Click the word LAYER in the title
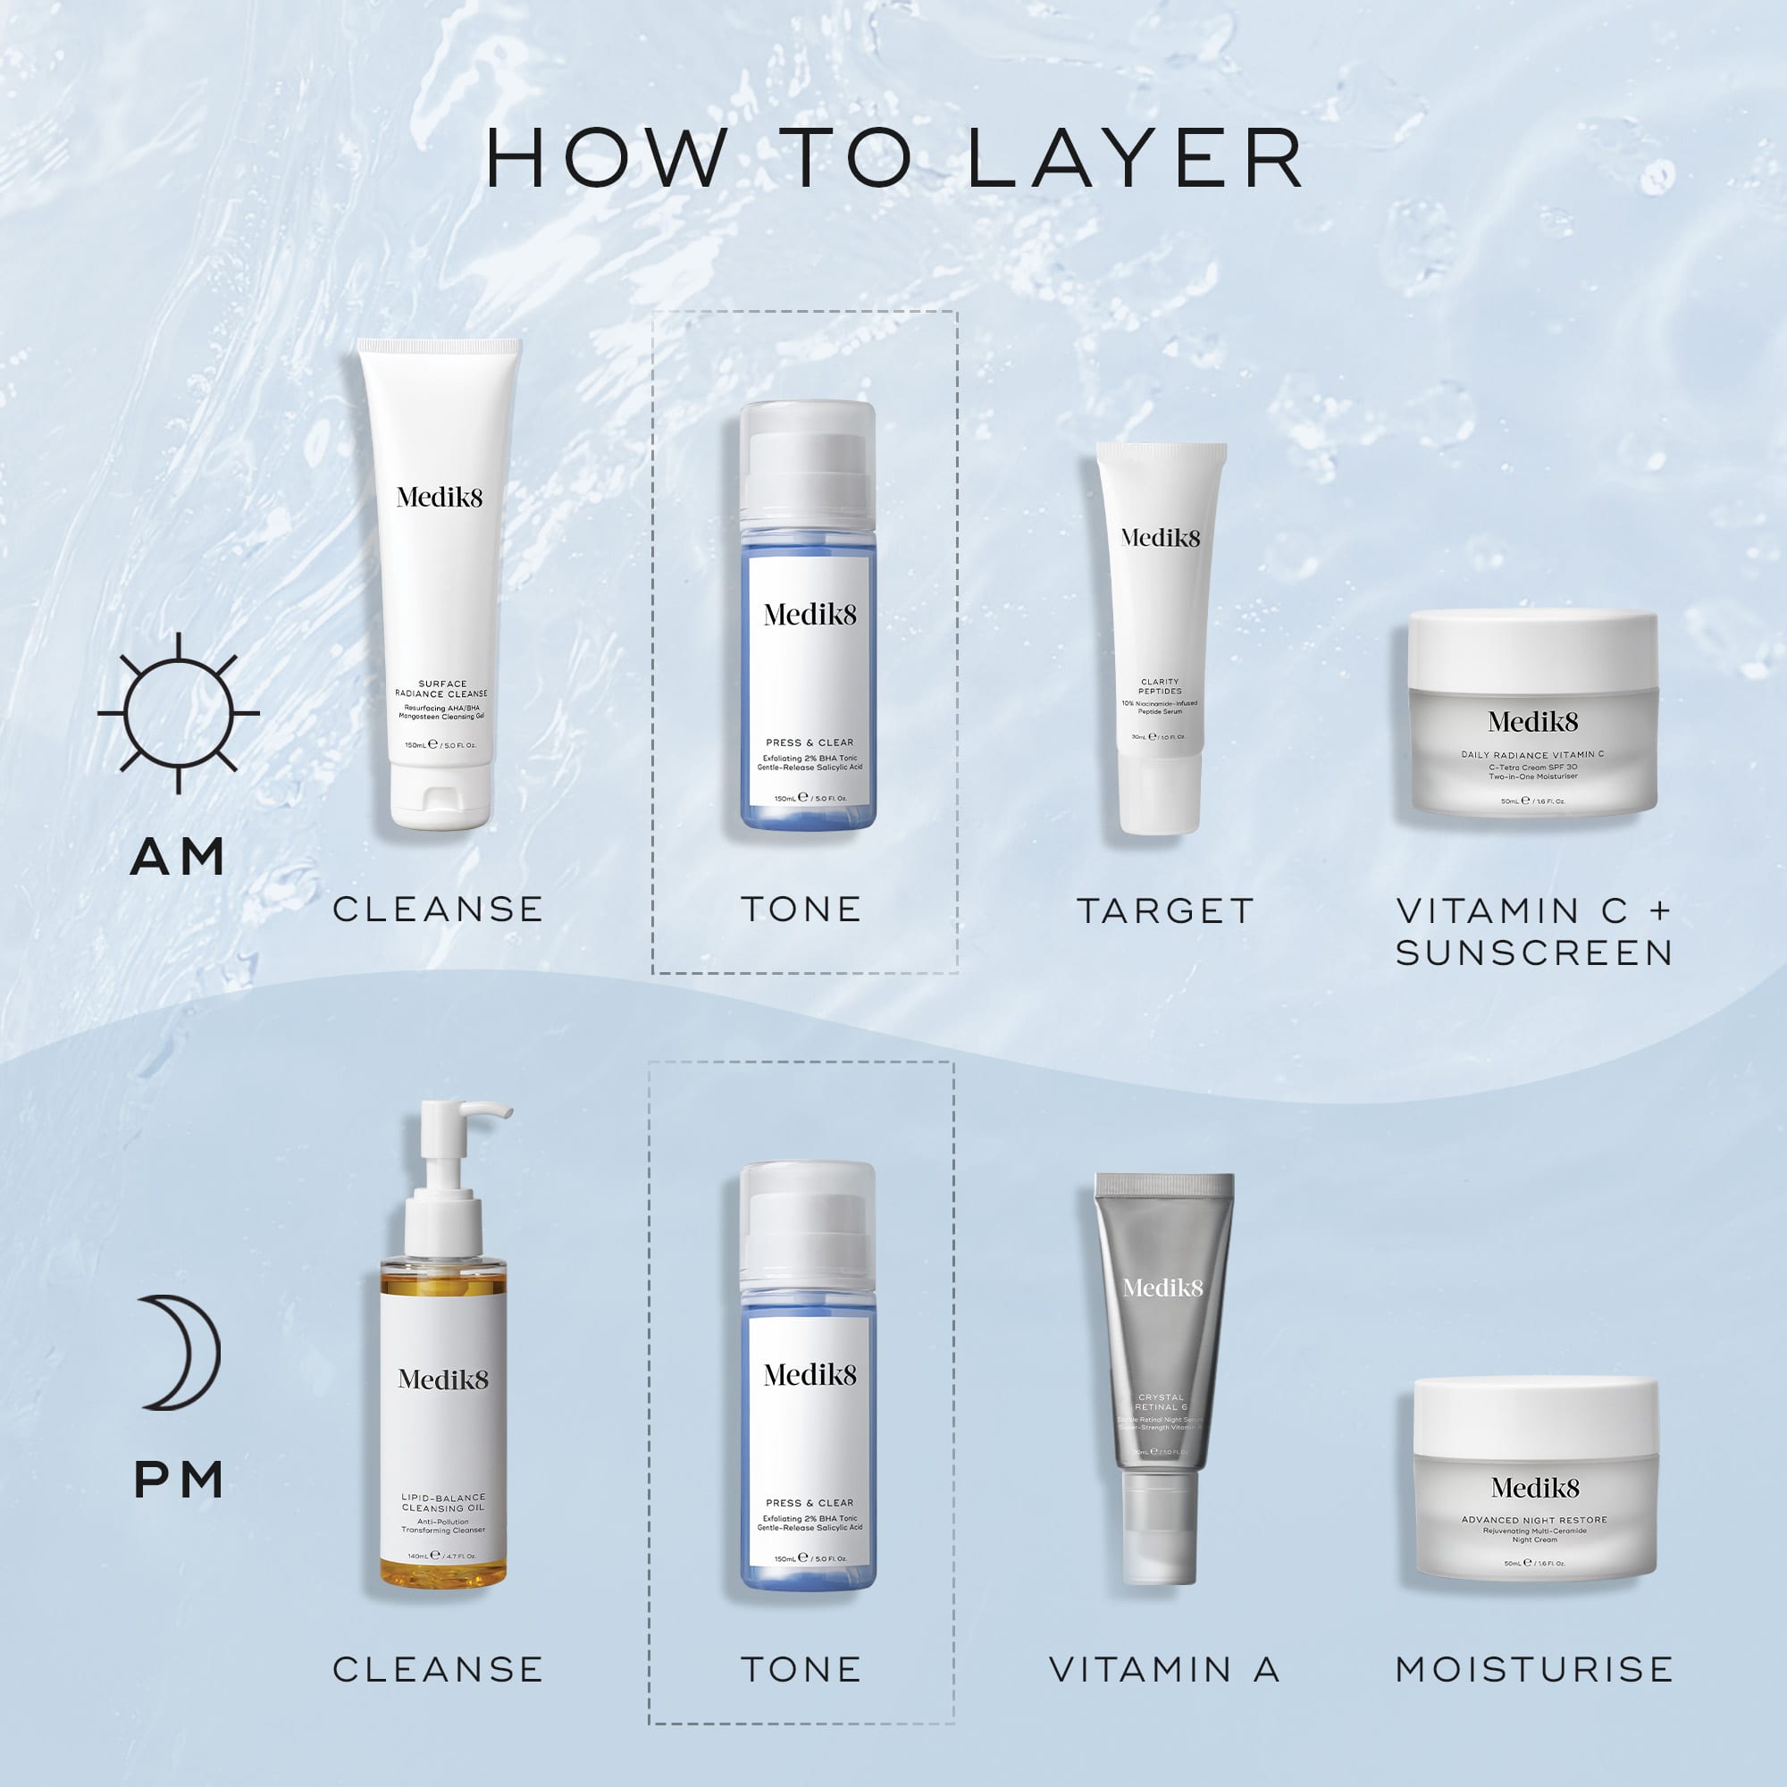(x=1135, y=158)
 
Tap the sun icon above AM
(x=179, y=713)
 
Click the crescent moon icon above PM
(x=181, y=1352)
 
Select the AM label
(x=179, y=857)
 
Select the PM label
(x=179, y=1480)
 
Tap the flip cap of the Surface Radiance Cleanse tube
(x=440, y=796)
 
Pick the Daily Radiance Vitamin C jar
(x=1532, y=713)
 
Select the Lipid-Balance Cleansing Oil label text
(x=443, y=1502)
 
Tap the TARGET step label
(x=1165, y=911)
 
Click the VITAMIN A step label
(x=1164, y=1670)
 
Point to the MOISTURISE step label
(x=1534, y=1670)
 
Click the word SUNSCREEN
(x=1534, y=952)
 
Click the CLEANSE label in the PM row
(x=439, y=1670)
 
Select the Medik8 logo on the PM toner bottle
(x=810, y=1375)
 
